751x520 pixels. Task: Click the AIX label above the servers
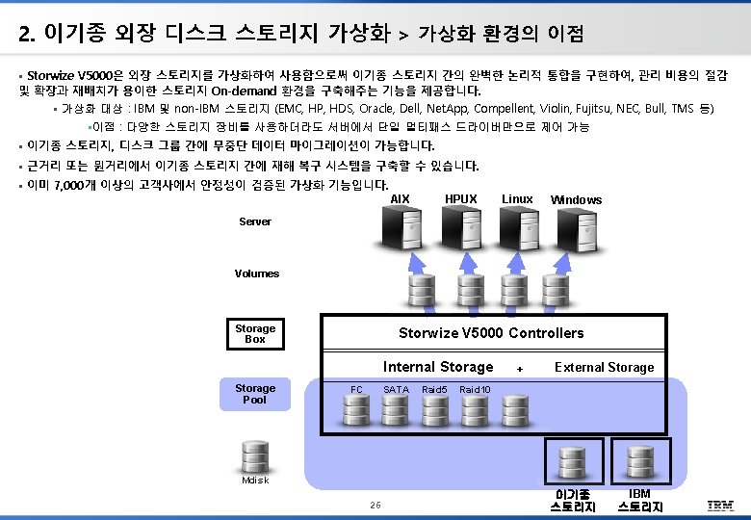401,199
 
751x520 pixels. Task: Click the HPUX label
460,199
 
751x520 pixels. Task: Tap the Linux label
517,199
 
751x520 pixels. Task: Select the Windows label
576,200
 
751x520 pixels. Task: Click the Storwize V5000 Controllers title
491,333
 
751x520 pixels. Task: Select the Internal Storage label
438,367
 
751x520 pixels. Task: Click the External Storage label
604,367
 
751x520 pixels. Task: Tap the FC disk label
356,389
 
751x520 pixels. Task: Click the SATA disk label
396,389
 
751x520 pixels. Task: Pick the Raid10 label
475,389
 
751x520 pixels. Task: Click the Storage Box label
255,334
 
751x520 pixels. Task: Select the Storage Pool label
255,394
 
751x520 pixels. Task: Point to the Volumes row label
257,273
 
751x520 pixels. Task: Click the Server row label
255,221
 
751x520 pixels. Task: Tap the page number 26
375,506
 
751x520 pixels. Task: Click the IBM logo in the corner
720,506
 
